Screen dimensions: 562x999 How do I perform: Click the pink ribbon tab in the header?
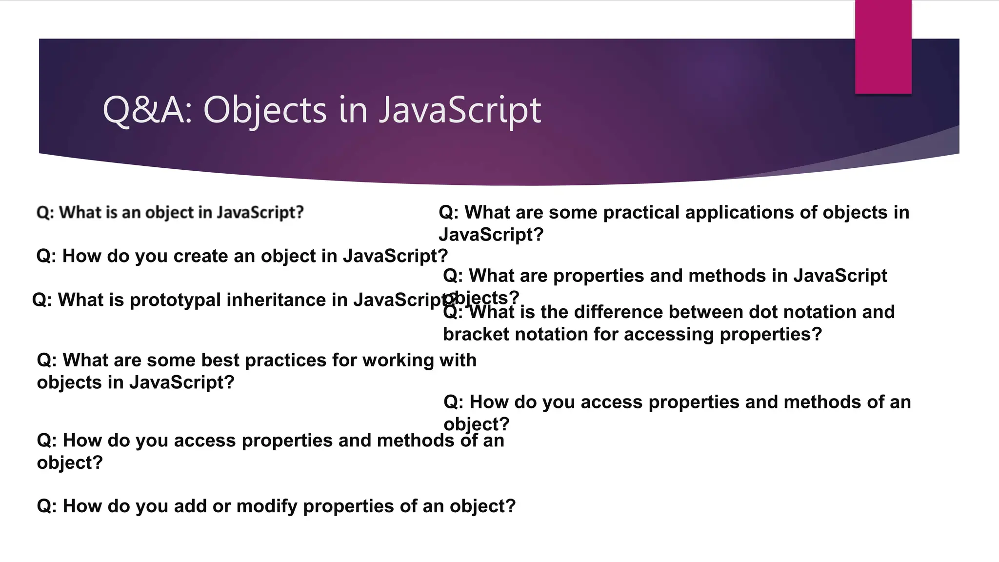click(x=883, y=46)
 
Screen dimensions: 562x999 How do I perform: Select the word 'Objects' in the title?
click(x=264, y=110)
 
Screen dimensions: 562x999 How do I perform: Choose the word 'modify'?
click(x=266, y=506)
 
